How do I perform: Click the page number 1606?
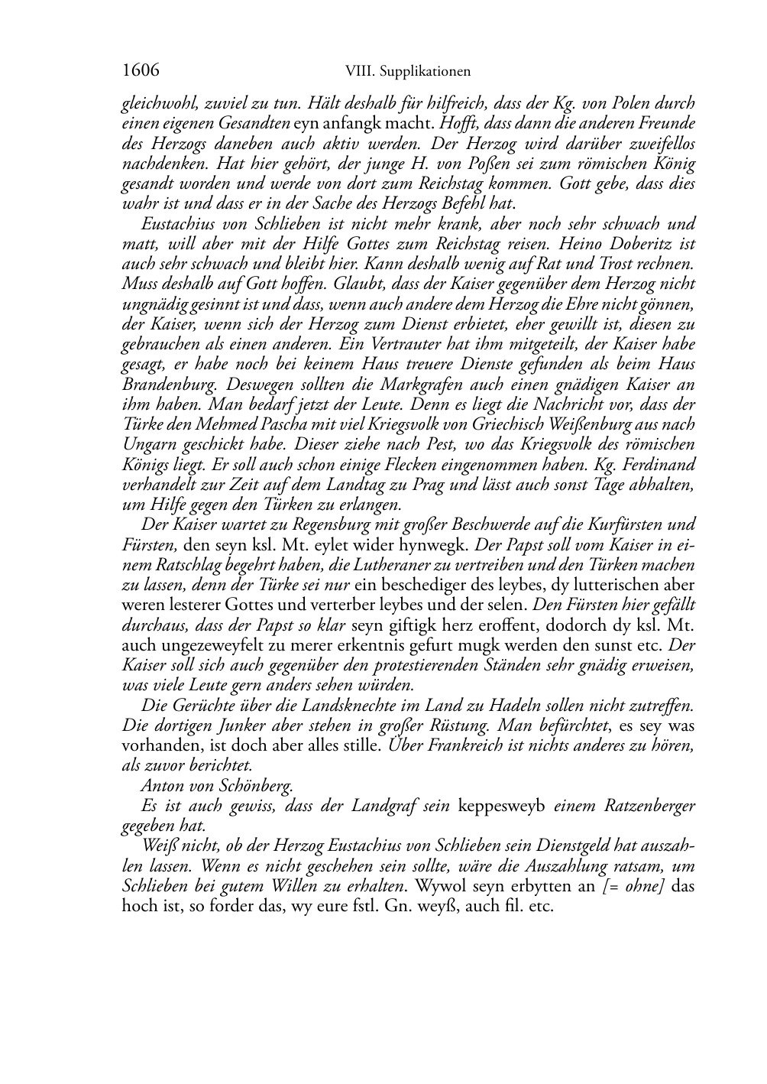pyautogui.click(x=141, y=71)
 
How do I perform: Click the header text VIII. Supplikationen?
pyautogui.click(x=407, y=72)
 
